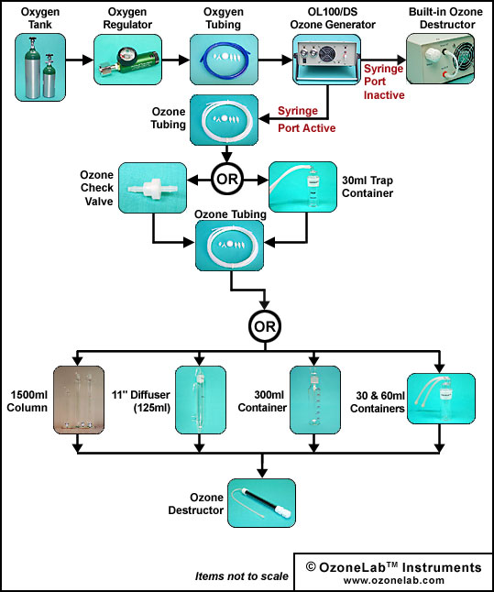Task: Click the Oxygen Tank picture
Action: point(40,67)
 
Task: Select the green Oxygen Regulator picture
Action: point(127,60)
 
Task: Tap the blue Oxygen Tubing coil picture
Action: point(224,60)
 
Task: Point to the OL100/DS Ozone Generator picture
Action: point(326,60)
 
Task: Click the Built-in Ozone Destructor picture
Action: point(440,59)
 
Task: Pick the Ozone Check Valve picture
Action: point(152,188)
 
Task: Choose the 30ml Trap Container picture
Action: point(302,187)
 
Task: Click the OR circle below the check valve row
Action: point(265,326)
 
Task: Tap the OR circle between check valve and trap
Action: point(227,180)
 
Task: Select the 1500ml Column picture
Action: point(79,399)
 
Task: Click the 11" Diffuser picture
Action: point(201,400)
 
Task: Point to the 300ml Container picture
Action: point(315,400)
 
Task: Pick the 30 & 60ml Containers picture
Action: point(441,399)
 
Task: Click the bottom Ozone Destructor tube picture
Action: point(261,503)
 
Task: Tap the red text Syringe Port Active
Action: point(307,119)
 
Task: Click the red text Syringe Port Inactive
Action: point(384,82)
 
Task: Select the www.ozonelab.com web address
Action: point(394,580)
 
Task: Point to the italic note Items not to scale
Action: point(242,576)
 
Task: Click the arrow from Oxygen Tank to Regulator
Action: point(80,60)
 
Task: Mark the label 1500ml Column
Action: point(27,401)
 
